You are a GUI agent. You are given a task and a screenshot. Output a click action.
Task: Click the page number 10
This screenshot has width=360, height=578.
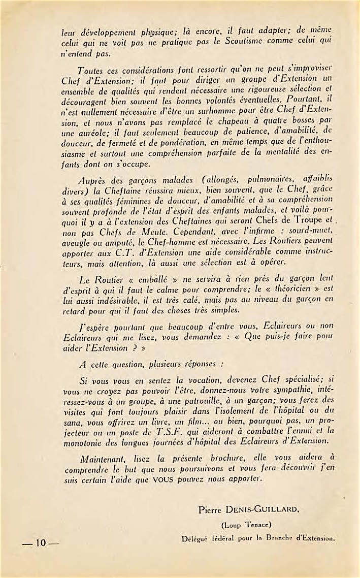pyautogui.click(x=41, y=543)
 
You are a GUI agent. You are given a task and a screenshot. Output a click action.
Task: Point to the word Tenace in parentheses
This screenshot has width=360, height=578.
pyautogui.click(x=250, y=525)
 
